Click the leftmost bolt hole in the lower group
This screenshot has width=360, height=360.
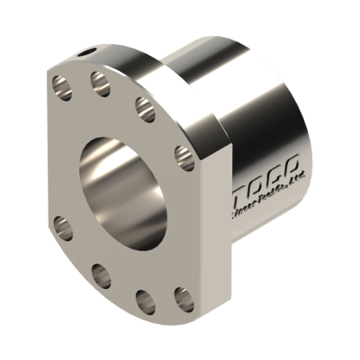point(62,225)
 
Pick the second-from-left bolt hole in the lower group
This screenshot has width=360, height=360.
point(99,273)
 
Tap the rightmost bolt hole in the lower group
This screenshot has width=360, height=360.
point(183,295)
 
